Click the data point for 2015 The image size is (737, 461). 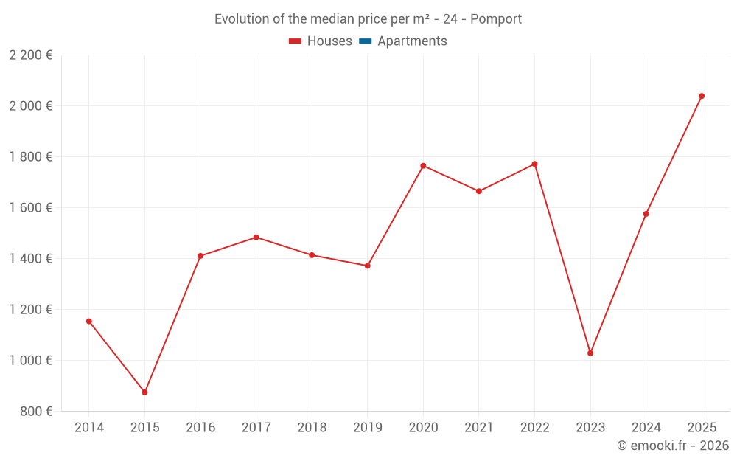[144, 392]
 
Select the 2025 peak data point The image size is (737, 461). [702, 96]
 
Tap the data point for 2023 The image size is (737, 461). [590, 353]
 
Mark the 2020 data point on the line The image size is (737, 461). [423, 166]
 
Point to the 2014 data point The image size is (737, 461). [89, 322]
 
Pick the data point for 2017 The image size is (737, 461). [256, 238]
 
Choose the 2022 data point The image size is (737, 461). [534, 164]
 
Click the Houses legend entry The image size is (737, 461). [321, 41]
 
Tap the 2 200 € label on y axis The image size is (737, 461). [30, 55]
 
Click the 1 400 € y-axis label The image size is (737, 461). [30, 259]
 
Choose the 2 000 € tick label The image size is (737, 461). [30, 106]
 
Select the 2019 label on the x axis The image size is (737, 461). [367, 428]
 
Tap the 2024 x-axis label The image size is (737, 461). [646, 428]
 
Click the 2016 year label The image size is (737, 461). [200, 428]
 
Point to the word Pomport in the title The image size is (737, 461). [496, 19]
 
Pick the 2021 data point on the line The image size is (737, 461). [479, 191]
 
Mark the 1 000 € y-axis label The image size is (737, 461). [30, 361]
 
